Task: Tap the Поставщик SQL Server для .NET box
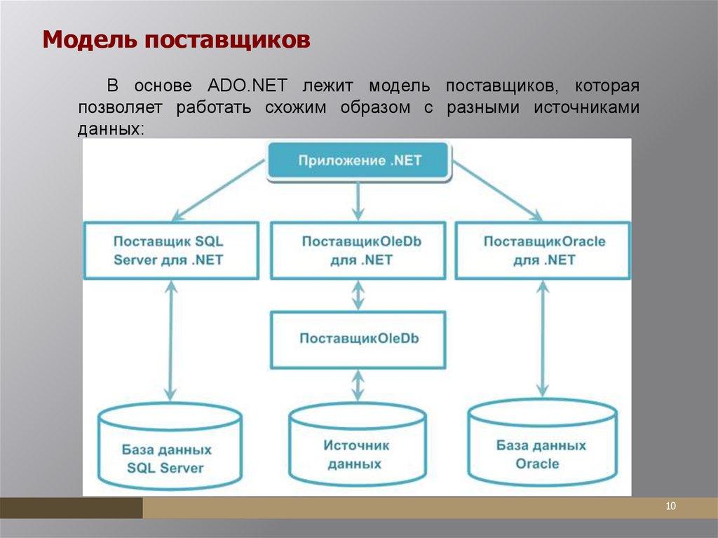168,250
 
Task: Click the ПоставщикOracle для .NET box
543,250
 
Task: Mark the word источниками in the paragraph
587,108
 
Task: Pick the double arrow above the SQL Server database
168,339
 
